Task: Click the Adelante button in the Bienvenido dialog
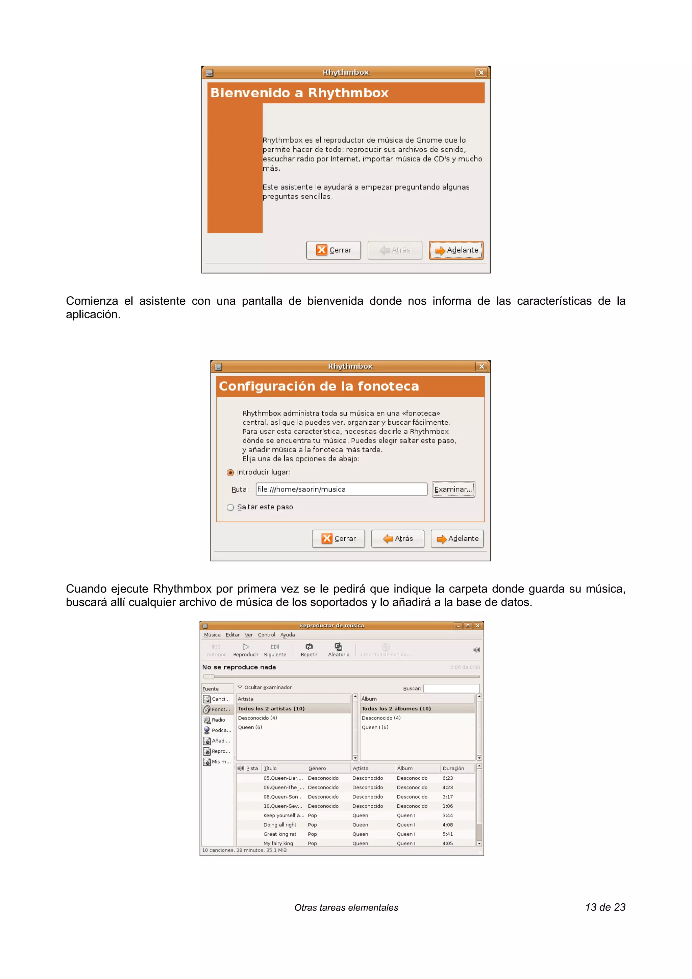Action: (x=456, y=250)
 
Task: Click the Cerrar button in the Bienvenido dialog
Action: (x=333, y=250)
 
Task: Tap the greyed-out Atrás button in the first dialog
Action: (x=395, y=250)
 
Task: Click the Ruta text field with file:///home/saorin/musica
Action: (x=341, y=489)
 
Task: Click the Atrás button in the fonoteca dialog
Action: (x=397, y=538)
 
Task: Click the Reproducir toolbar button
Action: (x=246, y=650)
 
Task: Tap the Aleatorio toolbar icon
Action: (x=339, y=647)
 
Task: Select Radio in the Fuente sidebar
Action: (x=218, y=720)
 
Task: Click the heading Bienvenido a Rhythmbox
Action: (x=299, y=93)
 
